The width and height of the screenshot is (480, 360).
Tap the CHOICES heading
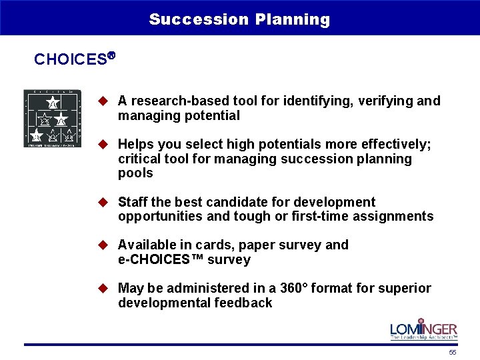pos(71,59)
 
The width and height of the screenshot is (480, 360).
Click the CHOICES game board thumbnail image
pos(52,118)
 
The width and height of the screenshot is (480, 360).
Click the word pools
pos(135,173)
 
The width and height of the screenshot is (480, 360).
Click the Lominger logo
pos(423,329)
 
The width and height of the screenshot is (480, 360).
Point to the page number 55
pos(453,352)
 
